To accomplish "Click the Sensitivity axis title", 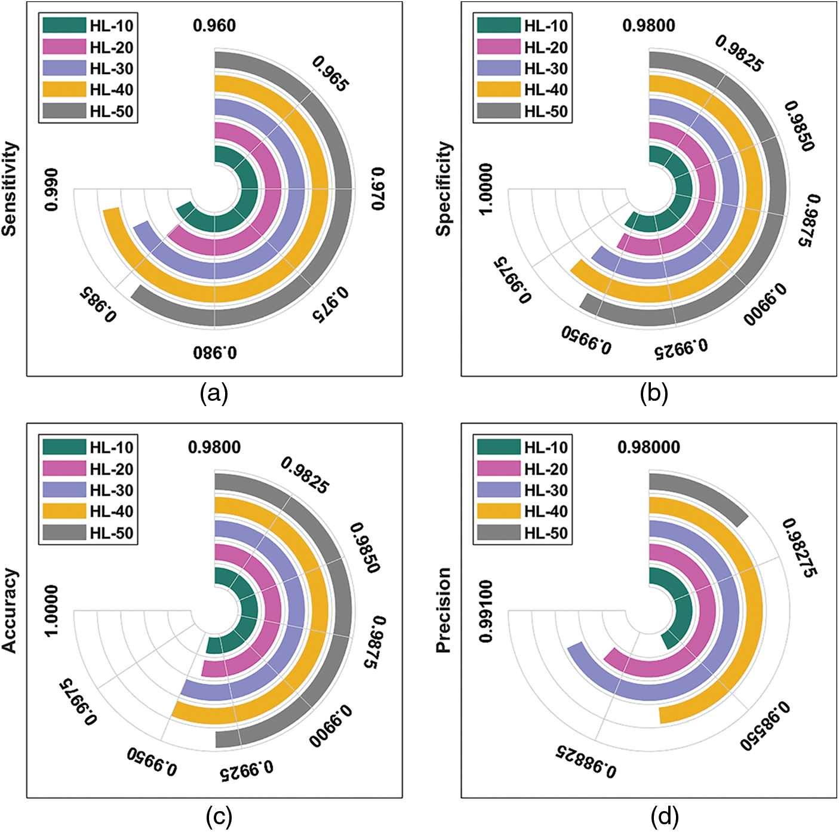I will click(10, 189).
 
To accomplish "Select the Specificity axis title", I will click(444, 189).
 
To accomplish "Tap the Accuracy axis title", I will click(10, 610).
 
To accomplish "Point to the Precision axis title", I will click(444, 610).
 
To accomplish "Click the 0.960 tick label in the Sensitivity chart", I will click(214, 26).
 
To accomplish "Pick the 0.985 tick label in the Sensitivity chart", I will click(97, 305).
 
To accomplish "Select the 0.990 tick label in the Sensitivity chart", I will click(52, 189).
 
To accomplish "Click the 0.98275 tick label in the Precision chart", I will click(798, 548).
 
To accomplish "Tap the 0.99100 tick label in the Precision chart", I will click(486, 610).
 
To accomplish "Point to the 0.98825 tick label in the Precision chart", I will click(586, 762).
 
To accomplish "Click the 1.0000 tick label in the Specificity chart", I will click(486, 189).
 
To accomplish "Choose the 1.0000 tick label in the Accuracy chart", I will click(52, 610).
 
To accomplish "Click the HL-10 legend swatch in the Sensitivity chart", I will click(64, 26).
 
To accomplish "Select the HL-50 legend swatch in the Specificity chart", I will click(499, 111).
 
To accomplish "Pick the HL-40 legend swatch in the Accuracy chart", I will click(64, 511).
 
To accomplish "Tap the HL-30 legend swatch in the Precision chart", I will click(499, 490).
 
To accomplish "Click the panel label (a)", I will click(214, 394).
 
